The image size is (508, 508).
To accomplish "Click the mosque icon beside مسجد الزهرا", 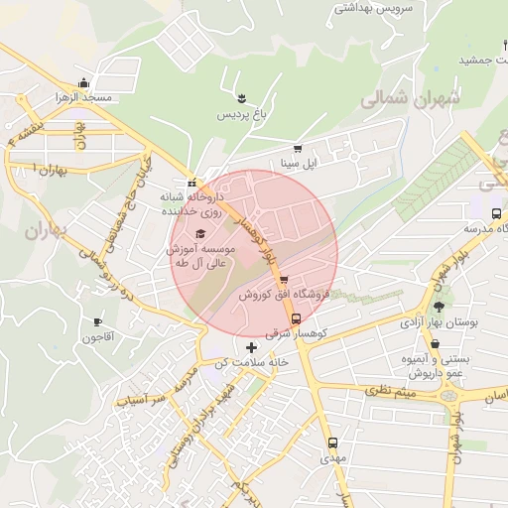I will click(x=84, y=83).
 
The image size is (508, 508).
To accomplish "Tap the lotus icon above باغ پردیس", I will click(x=241, y=96).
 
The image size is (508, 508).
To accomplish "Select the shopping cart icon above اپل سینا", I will click(x=297, y=149).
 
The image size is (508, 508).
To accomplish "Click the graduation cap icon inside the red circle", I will click(x=201, y=233).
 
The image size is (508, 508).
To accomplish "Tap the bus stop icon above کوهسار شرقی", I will click(x=296, y=318).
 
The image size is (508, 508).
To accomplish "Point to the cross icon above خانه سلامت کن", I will click(x=250, y=346).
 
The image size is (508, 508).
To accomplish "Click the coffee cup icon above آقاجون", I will click(x=97, y=321).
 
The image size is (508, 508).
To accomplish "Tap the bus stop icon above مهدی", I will click(x=331, y=444).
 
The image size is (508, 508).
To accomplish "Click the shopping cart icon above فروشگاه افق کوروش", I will click(x=285, y=280).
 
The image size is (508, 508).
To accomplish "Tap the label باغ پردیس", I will click(x=242, y=114).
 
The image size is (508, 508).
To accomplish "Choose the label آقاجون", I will click(x=98, y=338).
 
